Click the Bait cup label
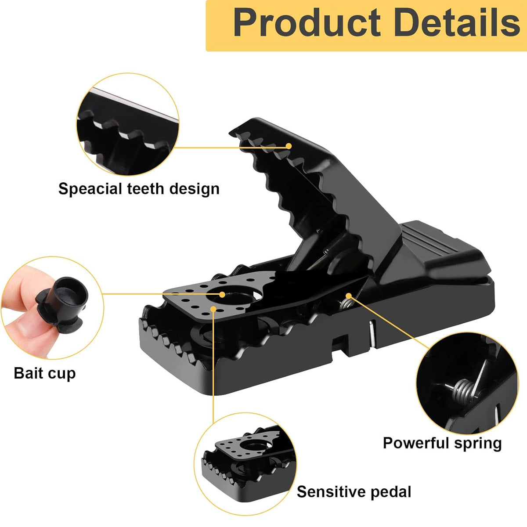coord(44,373)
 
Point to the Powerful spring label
coord(442,443)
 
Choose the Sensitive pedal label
coord(354,492)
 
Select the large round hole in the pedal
coord(237,299)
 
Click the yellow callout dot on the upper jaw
coord(289,146)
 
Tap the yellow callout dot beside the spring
coord(349,295)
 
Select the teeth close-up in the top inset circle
coord(127,125)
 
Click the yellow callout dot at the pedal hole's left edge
coord(222,294)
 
